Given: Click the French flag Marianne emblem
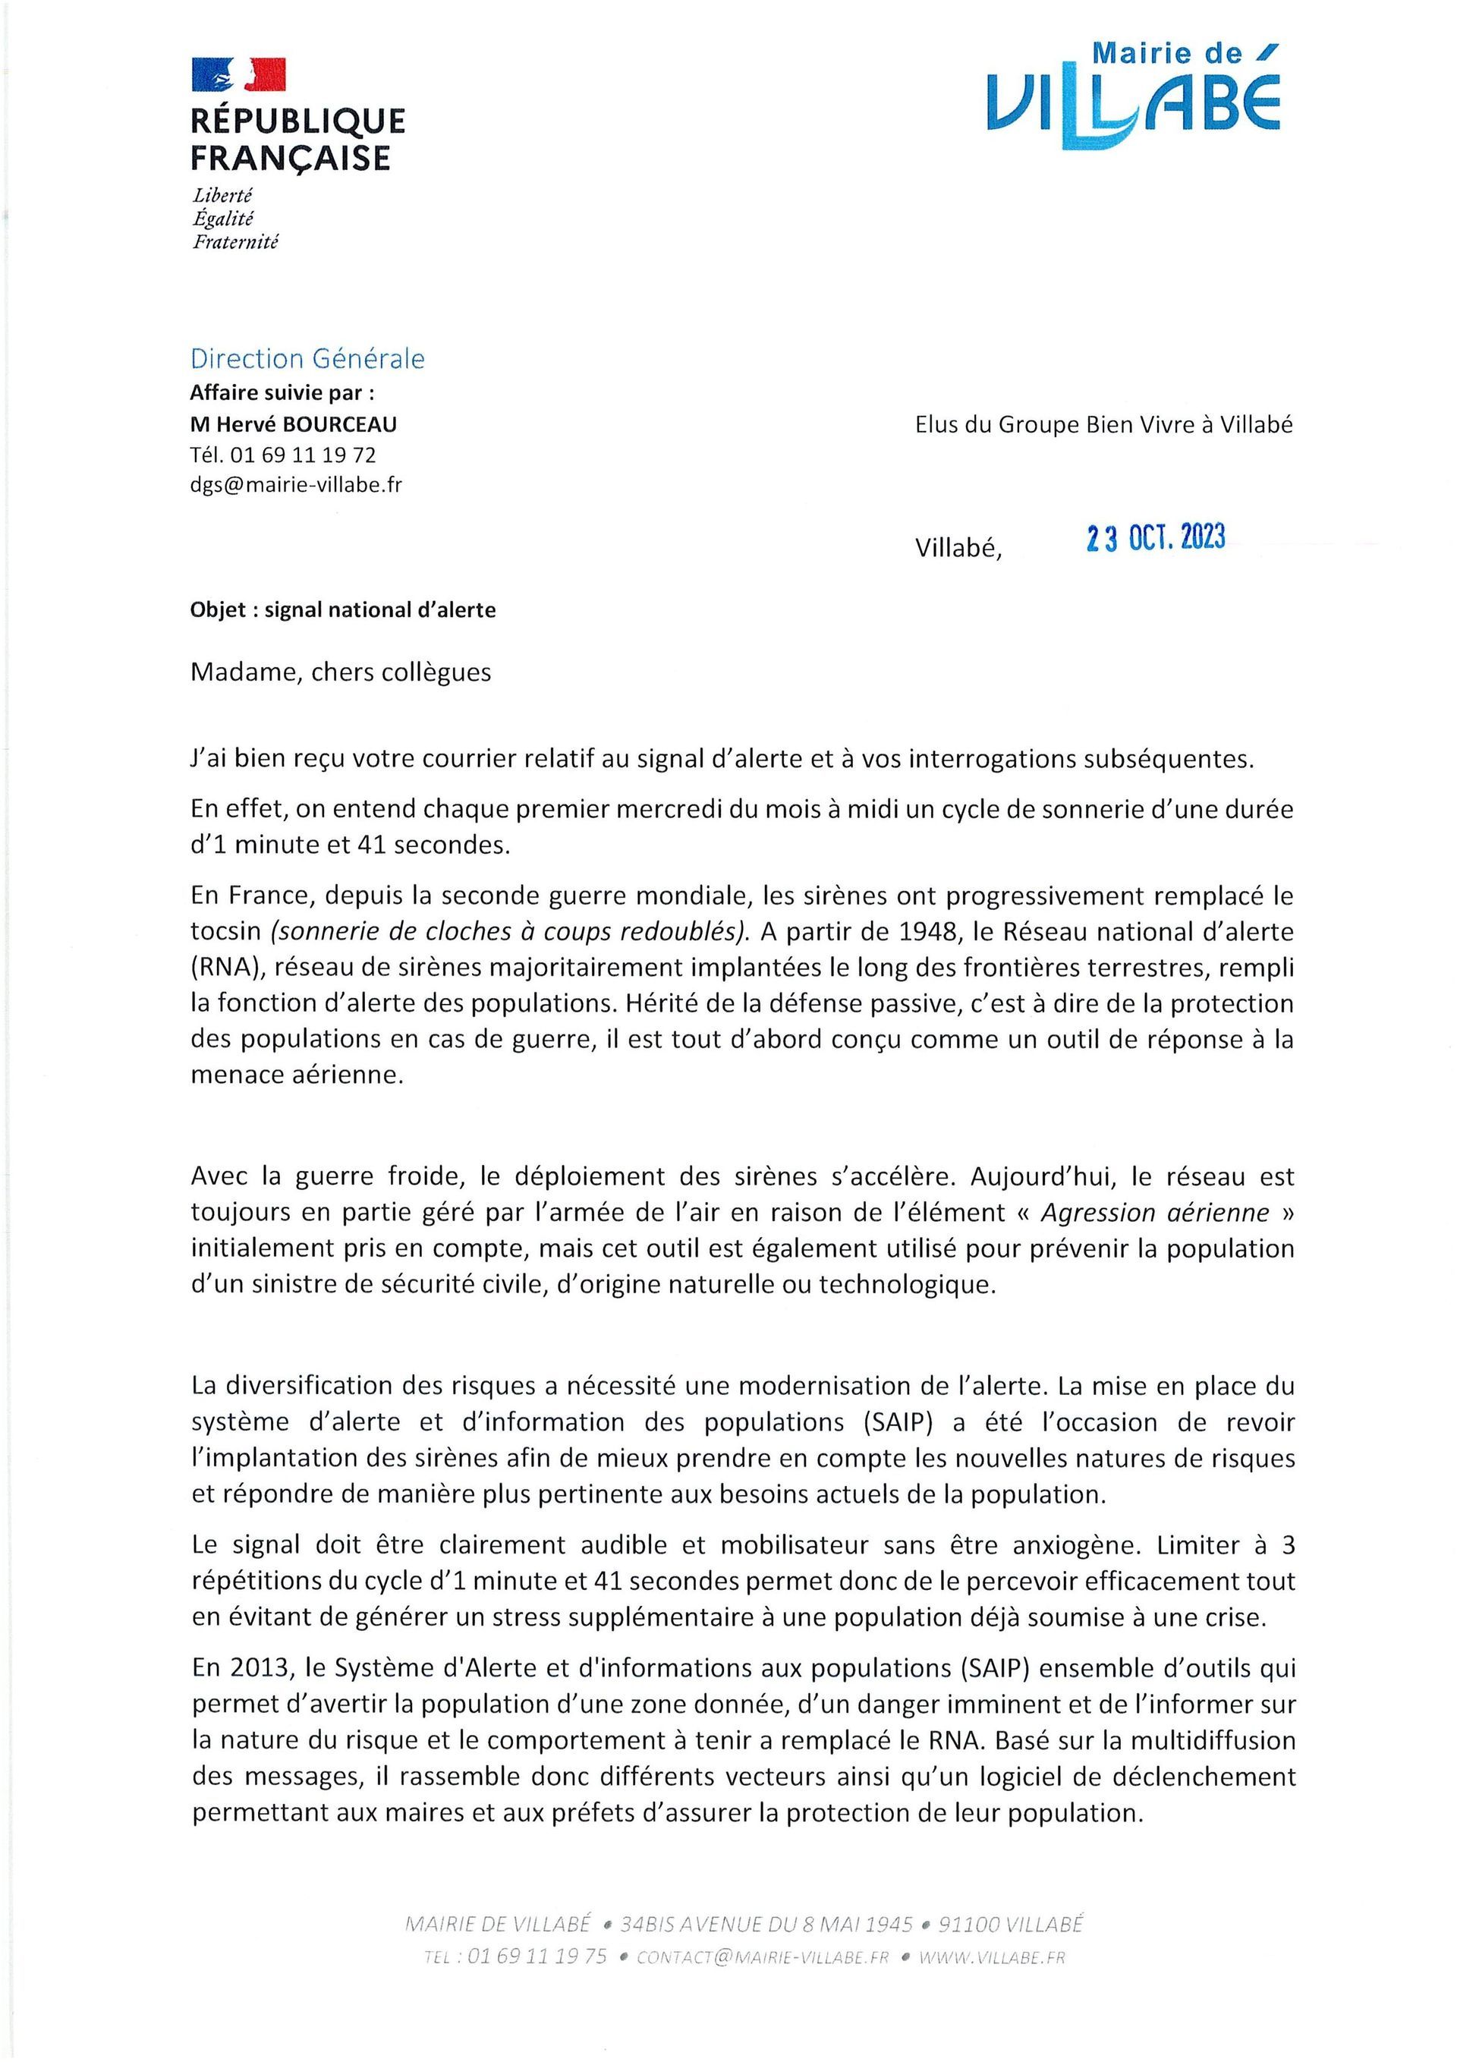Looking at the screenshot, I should [238, 74].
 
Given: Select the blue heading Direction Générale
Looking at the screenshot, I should [307, 358].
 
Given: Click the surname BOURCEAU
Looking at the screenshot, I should [341, 424].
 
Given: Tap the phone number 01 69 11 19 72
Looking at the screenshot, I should [303, 455].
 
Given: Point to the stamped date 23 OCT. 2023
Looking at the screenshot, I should [1155, 537].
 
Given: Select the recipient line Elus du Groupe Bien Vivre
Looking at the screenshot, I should [1103, 425].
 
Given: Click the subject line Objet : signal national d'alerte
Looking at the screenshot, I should [342, 610].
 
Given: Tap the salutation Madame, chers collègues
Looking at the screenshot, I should [341, 672].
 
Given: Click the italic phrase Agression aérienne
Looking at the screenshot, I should [1154, 1213].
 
